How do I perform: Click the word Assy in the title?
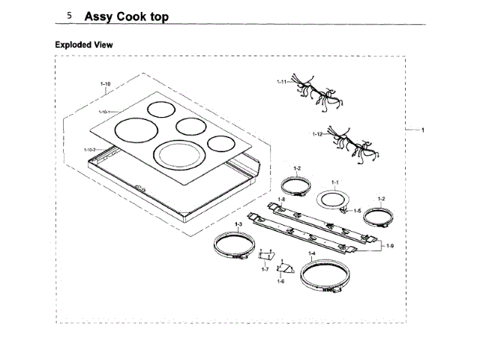point(100,16)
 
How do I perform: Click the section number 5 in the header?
point(69,16)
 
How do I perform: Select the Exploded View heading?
point(84,45)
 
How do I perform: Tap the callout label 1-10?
point(105,83)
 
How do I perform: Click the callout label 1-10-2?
point(89,150)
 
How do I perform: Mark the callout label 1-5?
point(358,211)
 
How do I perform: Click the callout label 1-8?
point(282,199)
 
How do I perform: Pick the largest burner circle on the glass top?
point(178,156)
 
